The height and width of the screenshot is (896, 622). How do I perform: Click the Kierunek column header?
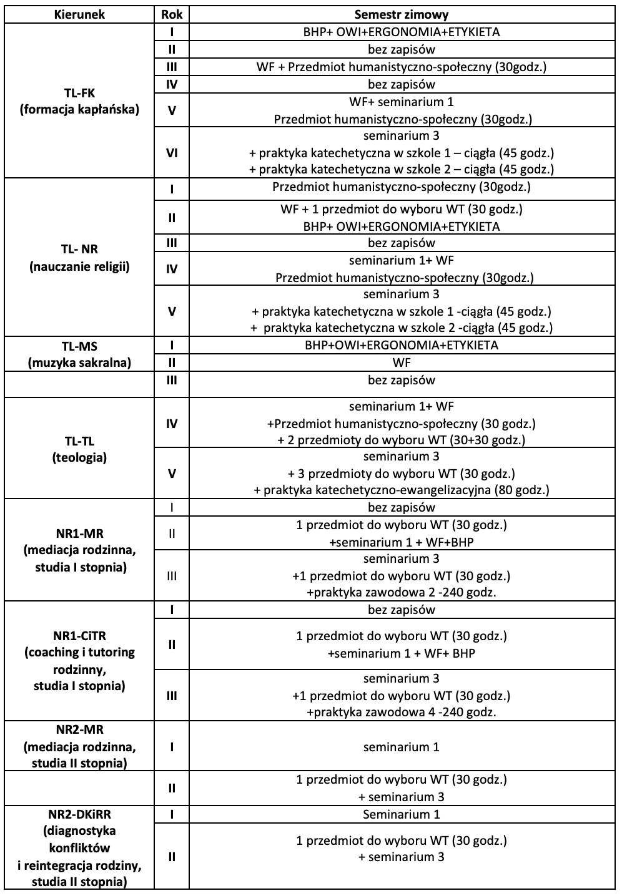(79, 14)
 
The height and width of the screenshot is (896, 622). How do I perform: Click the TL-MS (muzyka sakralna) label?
(79, 354)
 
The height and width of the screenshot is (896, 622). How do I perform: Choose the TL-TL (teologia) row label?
(79, 449)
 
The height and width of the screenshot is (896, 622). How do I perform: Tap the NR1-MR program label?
(79, 551)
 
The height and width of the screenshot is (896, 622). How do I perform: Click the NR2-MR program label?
(79, 746)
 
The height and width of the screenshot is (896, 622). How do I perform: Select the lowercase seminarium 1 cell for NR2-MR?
(401, 747)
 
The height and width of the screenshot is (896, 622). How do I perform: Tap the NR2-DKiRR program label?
(79, 847)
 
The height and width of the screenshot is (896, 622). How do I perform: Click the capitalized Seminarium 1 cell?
(401, 814)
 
